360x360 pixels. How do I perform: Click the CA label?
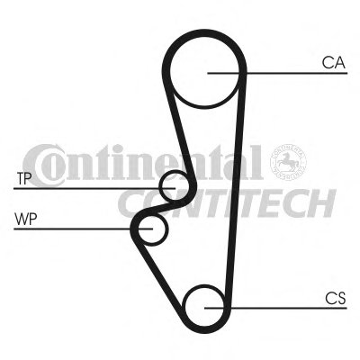click(334, 63)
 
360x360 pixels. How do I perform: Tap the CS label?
click(336, 299)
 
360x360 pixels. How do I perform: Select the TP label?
click(24, 179)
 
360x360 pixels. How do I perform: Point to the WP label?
click(26, 220)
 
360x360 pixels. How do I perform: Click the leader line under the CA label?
click(277, 73)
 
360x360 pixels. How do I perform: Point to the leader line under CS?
click(275, 308)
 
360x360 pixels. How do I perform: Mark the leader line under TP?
click(94, 188)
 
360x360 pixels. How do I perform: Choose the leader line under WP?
click(84, 229)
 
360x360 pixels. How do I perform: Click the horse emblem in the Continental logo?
click(288, 162)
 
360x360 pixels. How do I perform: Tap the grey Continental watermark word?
click(143, 165)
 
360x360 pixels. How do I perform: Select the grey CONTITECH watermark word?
click(227, 202)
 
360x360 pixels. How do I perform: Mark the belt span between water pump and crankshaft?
click(159, 273)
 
